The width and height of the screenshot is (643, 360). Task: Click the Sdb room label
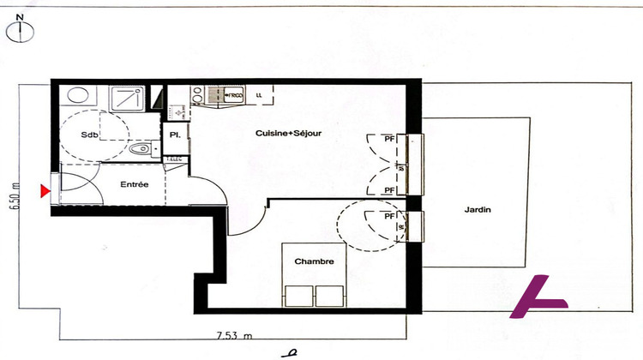89,135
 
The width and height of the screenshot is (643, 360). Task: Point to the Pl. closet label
174,135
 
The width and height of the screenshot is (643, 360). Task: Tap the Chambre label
314,261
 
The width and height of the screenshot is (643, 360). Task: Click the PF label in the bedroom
389,217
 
